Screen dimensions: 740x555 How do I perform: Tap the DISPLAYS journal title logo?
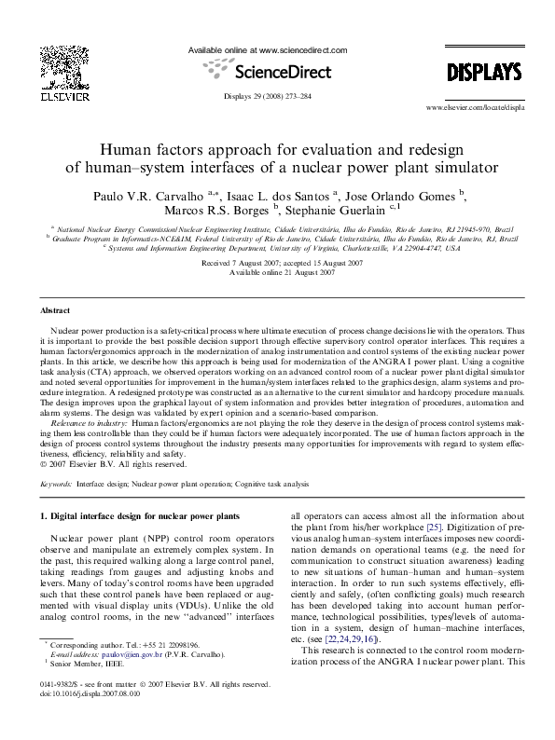[483, 73]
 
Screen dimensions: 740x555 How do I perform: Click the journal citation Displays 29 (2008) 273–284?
[268, 97]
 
